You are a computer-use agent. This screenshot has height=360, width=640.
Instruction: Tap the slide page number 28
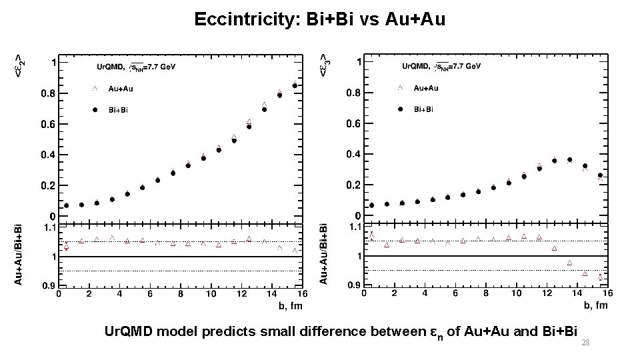[x=586, y=342]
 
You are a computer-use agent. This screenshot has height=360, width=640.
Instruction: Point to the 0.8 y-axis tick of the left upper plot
[x=49, y=94]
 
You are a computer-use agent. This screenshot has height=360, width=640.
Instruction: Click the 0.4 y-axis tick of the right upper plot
[x=354, y=155]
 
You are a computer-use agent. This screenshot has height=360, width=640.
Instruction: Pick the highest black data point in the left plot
[x=295, y=85]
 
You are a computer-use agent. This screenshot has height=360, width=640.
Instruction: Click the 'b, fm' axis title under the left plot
[x=290, y=305]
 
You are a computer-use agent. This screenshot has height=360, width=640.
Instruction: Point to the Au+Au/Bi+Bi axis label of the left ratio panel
[x=19, y=254]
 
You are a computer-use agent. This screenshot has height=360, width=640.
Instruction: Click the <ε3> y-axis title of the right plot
[x=325, y=64]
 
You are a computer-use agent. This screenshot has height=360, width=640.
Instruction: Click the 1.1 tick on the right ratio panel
[x=353, y=227]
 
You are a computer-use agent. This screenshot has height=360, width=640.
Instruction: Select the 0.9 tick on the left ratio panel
[x=49, y=285]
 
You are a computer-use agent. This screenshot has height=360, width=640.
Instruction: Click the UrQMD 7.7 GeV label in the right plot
[x=441, y=67]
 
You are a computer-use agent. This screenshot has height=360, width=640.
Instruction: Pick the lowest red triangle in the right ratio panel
[x=600, y=277]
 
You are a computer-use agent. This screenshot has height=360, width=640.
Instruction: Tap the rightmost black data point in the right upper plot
[x=600, y=175]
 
